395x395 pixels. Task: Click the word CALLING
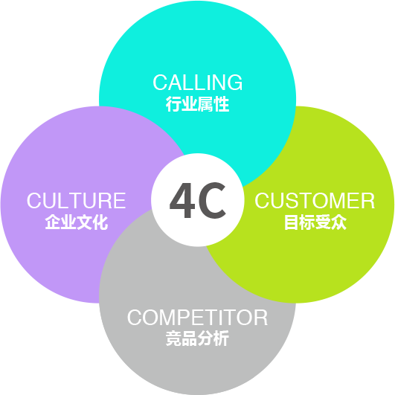198,83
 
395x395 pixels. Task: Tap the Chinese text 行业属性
198,104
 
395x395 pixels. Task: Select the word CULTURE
76,201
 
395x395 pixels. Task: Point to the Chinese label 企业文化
77,222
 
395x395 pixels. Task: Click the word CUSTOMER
315,201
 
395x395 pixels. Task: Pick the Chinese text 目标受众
315,222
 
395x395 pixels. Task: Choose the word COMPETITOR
197,318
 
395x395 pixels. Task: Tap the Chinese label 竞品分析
198,338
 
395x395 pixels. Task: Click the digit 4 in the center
182,200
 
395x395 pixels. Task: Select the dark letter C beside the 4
212,200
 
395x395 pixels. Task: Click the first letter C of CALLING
160,83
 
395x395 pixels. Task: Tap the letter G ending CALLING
234,83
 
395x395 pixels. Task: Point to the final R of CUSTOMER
368,201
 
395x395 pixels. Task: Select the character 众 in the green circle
339,222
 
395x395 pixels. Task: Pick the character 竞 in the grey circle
173,338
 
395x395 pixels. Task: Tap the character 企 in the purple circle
52,222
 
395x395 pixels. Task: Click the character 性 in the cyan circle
222,104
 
